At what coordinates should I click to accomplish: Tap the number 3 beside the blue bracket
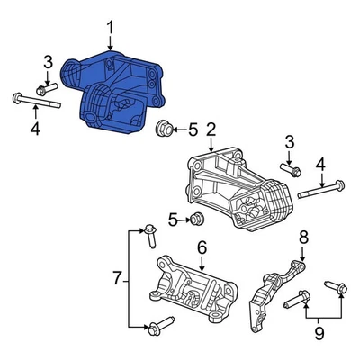48,61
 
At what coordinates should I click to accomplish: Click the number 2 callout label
210,130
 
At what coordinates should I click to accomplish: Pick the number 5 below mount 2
173,218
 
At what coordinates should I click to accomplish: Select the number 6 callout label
202,246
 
